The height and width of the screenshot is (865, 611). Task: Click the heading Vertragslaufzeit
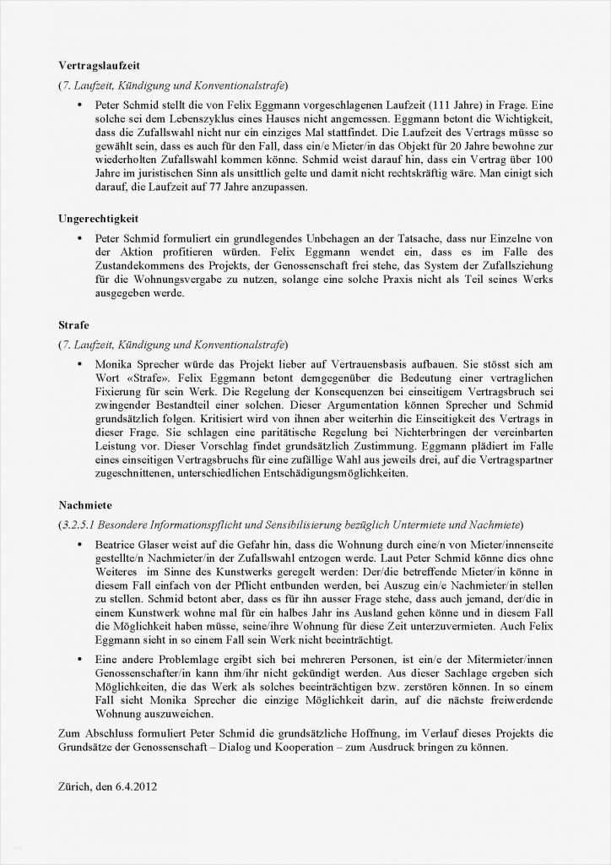point(98,65)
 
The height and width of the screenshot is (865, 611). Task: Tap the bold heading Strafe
point(73,324)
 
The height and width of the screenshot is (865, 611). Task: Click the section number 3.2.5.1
point(84,525)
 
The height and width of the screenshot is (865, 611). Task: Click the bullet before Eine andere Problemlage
point(78,659)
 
